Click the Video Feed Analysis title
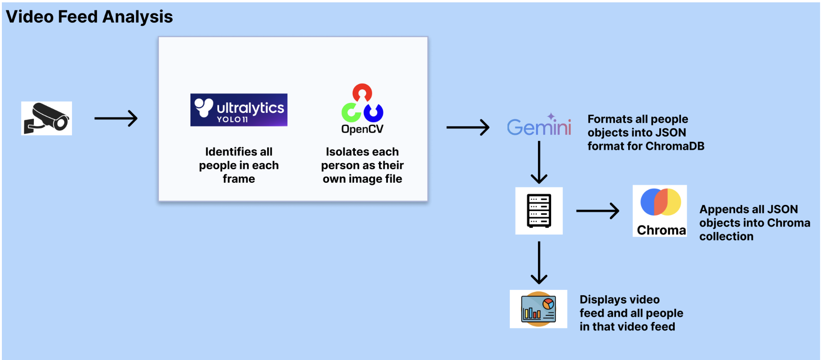click(x=89, y=17)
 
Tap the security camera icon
click(x=47, y=118)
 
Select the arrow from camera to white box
click(x=116, y=118)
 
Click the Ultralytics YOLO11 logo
click(x=239, y=110)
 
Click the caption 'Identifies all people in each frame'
click(x=239, y=165)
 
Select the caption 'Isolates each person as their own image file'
click(x=362, y=165)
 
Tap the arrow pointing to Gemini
click(x=467, y=127)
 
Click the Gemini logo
click(x=539, y=126)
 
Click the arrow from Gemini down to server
click(x=539, y=162)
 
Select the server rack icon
click(x=539, y=211)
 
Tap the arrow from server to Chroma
click(x=597, y=211)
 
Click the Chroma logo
click(x=660, y=211)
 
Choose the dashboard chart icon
click(x=538, y=309)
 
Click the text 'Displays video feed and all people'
click(x=631, y=306)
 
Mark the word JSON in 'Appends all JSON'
click(x=782, y=209)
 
